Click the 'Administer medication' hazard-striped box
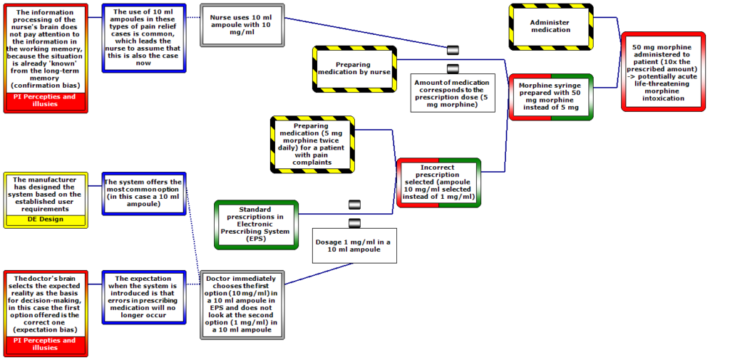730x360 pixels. coord(551,26)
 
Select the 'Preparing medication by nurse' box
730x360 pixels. coord(354,69)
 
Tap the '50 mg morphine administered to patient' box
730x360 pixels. coord(663,72)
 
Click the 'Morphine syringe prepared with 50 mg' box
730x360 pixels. coord(551,97)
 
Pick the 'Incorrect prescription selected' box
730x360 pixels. coord(438,182)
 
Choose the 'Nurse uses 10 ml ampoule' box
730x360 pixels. coord(242,25)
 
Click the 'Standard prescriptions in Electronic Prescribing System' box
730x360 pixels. coord(256,225)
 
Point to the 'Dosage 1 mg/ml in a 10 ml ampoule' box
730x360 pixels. coord(354,245)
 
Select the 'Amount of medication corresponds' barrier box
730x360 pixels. coord(453,93)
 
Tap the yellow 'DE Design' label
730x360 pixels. coord(46,220)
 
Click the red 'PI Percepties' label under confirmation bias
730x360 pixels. coord(46,101)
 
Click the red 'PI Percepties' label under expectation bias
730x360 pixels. coord(46,344)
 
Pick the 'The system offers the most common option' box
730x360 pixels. coord(144,193)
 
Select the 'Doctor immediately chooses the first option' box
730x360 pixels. coord(242,304)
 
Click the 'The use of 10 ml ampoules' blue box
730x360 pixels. coord(144,38)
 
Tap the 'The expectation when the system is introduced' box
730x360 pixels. coord(144,297)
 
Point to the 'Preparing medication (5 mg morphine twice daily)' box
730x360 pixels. coord(312,144)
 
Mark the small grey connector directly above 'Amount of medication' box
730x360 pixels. coord(453,69)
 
